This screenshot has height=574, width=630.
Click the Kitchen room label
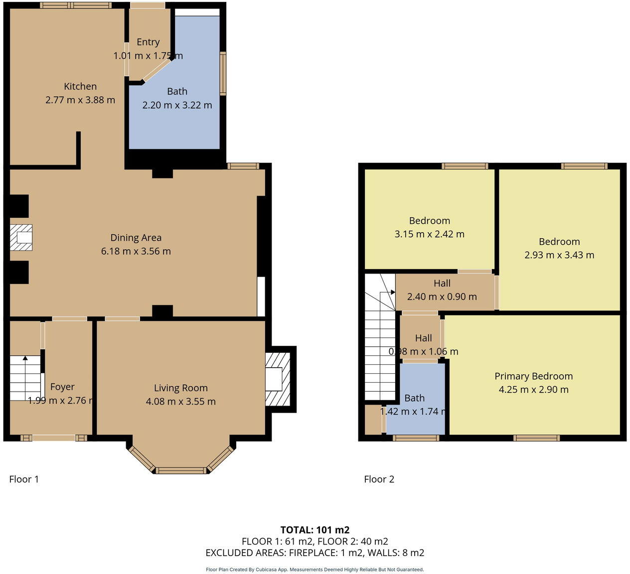click(x=80, y=86)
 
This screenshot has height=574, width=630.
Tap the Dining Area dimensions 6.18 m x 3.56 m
click(x=136, y=251)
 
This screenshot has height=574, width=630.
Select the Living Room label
click(x=180, y=388)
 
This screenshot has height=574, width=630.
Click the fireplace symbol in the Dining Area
click(x=21, y=237)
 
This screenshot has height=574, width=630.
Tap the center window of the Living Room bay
click(x=181, y=470)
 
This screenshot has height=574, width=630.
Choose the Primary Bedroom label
click(x=533, y=376)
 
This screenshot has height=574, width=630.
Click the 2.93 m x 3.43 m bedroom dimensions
click(x=559, y=255)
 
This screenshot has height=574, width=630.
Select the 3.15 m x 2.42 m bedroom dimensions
click(x=429, y=234)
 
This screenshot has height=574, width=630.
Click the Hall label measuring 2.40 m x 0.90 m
click(x=442, y=283)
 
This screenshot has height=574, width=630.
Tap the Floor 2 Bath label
click(x=414, y=398)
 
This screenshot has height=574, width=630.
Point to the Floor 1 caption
click(x=24, y=479)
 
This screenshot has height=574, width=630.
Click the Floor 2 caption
click(x=379, y=479)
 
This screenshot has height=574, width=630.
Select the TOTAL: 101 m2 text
click(x=315, y=530)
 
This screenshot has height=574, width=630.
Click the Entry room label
click(x=148, y=42)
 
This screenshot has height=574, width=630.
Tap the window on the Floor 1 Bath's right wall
click(x=223, y=73)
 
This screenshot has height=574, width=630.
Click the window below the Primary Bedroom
click(x=536, y=438)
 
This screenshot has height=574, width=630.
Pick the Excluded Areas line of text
click(x=315, y=553)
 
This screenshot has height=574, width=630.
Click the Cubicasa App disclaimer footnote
click(x=315, y=570)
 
